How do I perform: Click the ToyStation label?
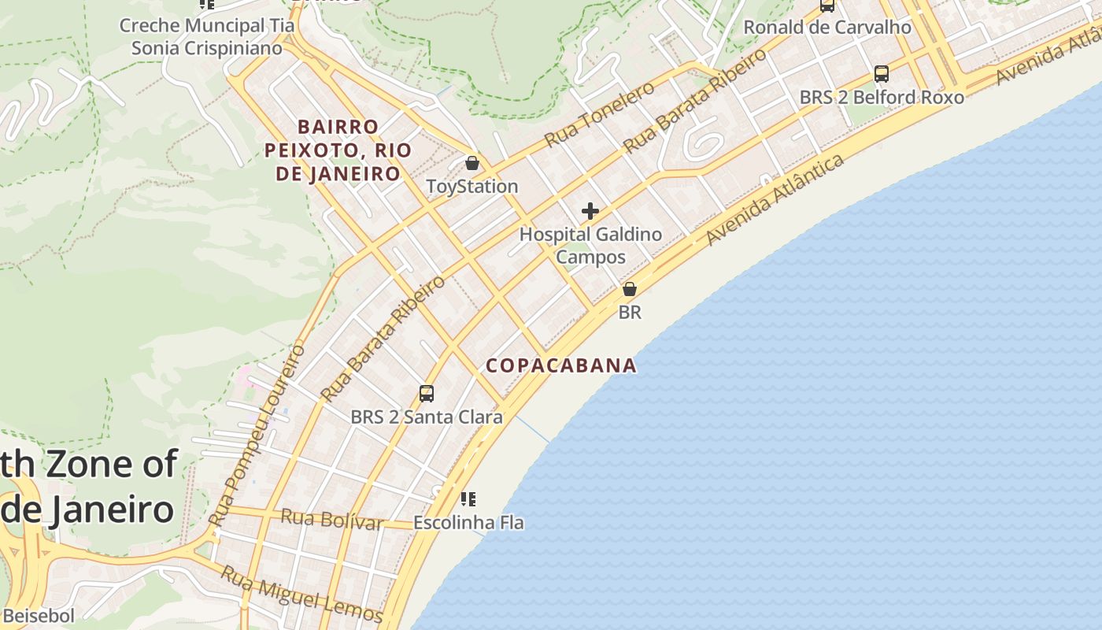471,187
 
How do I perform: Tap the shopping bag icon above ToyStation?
472,164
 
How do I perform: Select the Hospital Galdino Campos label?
590,246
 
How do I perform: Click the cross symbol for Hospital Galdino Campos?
590,211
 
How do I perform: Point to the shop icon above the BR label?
629,289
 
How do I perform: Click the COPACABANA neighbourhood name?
561,365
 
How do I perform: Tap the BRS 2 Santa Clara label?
426,417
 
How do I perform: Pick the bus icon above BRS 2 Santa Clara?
427,394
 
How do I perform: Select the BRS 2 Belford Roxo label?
882,98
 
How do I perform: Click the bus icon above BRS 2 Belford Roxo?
882,74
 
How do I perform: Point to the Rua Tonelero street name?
599,114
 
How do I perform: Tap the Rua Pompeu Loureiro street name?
257,435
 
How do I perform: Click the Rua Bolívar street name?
331,520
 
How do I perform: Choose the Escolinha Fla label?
468,523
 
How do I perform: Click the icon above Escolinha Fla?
468,498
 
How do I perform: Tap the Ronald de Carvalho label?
827,28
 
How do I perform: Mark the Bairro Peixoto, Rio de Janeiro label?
338,150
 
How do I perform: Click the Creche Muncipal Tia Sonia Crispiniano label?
207,37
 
